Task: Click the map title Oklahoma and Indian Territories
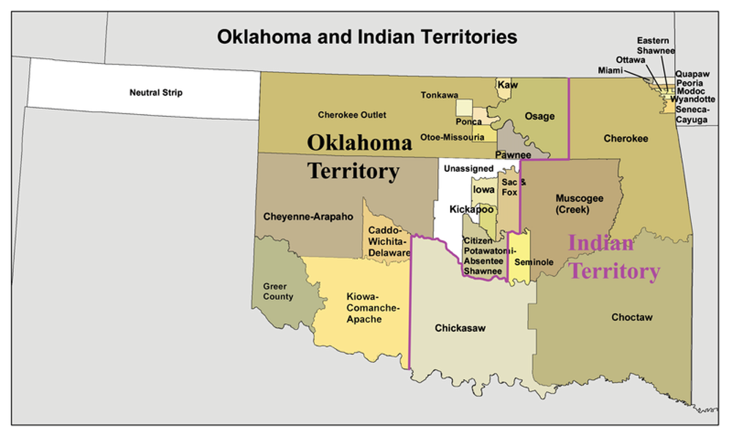coord(367,37)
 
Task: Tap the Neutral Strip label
coord(156,93)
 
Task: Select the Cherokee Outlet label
coord(351,115)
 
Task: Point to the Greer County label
coord(278,291)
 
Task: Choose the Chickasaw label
coord(460,328)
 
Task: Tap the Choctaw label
coord(632,317)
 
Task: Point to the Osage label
coord(540,116)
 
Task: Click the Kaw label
coord(507,86)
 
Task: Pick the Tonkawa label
coord(439,95)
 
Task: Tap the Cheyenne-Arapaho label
coord(307,217)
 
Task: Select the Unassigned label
coord(469,169)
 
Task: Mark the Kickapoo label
coord(471,209)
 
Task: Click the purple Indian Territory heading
coord(613,257)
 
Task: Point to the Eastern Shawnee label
coord(655,45)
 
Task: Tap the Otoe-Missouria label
coord(452,137)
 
